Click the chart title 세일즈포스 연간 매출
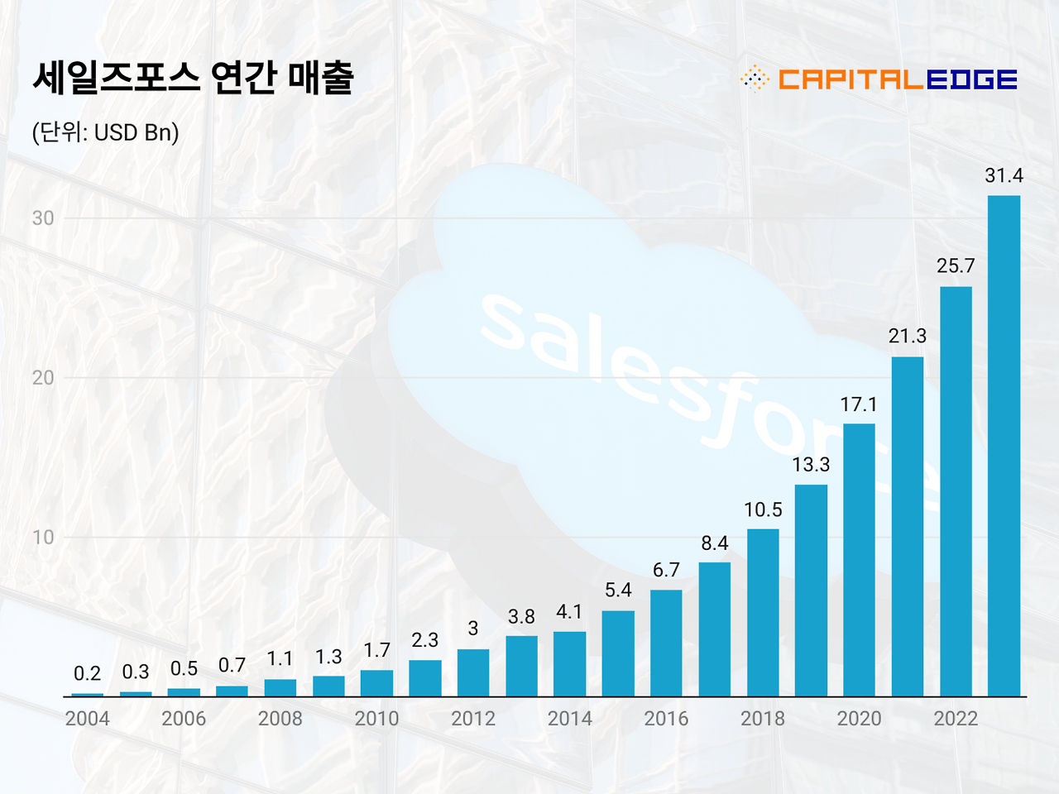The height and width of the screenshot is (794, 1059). (193, 78)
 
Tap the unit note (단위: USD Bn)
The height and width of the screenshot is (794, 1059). (105, 132)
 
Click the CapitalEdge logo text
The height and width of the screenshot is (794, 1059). (897, 79)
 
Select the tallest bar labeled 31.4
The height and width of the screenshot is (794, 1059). (1004, 446)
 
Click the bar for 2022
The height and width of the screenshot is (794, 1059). (956, 491)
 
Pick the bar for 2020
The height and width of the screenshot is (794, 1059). (859, 560)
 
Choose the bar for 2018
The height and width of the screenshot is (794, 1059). (763, 613)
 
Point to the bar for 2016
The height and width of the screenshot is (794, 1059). (666, 643)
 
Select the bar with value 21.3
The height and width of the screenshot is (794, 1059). (908, 526)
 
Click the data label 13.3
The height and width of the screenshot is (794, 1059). (811, 465)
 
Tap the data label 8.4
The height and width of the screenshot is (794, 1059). (715, 543)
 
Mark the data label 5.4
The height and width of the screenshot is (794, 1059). (618, 590)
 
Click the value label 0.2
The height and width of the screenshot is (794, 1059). (88, 673)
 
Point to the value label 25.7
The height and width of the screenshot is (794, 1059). (956, 266)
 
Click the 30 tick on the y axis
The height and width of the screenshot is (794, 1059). (43, 218)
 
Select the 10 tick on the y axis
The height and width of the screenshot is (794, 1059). (43, 538)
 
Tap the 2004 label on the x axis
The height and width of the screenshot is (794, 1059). (88, 719)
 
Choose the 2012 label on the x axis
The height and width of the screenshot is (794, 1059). (473, 719)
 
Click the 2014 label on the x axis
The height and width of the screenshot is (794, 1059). (570, 719)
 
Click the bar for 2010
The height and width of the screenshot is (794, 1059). (376, 683)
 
